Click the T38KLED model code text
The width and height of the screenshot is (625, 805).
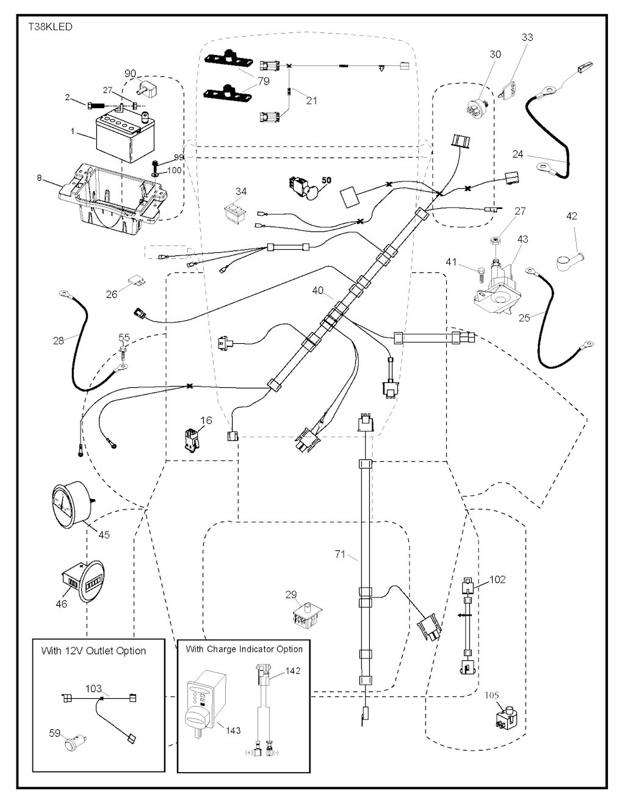(49, 27)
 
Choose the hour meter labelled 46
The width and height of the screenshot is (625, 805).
(82, 583)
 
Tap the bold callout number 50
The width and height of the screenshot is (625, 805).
(326, 181)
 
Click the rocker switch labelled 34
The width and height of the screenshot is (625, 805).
(235, 213)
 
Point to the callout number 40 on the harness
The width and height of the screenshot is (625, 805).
(317, 291)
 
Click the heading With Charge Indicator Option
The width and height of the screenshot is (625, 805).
(244, 649)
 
